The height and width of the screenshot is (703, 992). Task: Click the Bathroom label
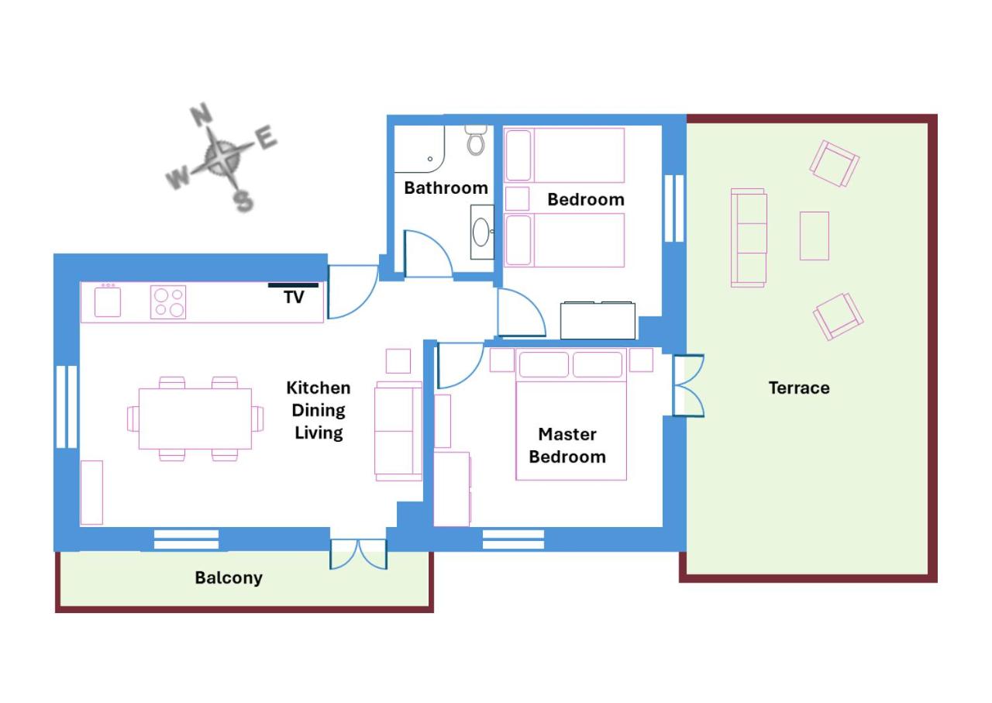pos(446,188)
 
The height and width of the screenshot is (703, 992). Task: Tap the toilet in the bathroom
pos(476,140)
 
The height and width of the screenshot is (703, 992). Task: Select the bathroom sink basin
pos(481,232)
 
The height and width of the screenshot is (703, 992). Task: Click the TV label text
pos(294,297)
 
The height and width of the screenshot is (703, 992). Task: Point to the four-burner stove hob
pos(168,302)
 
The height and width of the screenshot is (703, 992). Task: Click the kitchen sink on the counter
pos(108,301)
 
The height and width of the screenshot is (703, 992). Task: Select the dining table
pos(195,419)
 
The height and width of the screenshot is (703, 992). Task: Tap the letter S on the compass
pos(243,202)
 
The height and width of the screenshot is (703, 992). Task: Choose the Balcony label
pos(229,578)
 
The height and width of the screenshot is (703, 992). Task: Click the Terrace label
pos(799,388)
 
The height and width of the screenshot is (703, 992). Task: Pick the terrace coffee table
pos(814,236)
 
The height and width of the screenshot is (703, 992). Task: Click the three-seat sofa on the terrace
pos(749,238)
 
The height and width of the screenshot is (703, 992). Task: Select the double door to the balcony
pos(358,553)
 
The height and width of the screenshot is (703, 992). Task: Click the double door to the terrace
pos(688,386)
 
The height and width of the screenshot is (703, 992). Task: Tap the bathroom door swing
pos(428,254)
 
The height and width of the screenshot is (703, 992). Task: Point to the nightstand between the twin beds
pos(517,198)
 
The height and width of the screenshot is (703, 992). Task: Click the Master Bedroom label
pos(567,445)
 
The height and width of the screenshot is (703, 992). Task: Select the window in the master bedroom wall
pos(513,539)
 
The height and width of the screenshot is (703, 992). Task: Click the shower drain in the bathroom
pos(429,159)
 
